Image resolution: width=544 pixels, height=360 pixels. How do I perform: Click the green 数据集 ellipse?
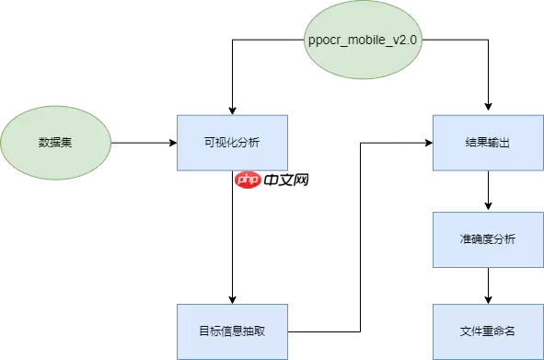pos(56,143)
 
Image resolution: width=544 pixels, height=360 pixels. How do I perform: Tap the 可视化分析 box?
pos(232,143)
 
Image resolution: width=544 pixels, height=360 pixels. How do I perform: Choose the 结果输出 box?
pos(489,143)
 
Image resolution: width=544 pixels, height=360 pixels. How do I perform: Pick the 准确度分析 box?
pos(489,239)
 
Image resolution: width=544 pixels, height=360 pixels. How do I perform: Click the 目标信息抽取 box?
pos(232,331)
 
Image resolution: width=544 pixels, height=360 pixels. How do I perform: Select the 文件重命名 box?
pos(489,331)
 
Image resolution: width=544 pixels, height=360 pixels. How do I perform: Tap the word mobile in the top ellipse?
pos(366,42)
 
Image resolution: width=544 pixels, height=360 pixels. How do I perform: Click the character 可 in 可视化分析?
pos(209,143)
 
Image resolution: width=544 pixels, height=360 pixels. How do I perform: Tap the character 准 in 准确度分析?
pos(466,239)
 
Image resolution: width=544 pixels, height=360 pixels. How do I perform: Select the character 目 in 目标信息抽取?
pos(203,331)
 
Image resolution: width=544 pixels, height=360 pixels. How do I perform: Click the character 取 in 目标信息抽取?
pos(260,331)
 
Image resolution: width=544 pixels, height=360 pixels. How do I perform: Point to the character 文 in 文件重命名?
pos(466,331)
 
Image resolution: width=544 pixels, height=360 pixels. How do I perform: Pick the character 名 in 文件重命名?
pos(511,331)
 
